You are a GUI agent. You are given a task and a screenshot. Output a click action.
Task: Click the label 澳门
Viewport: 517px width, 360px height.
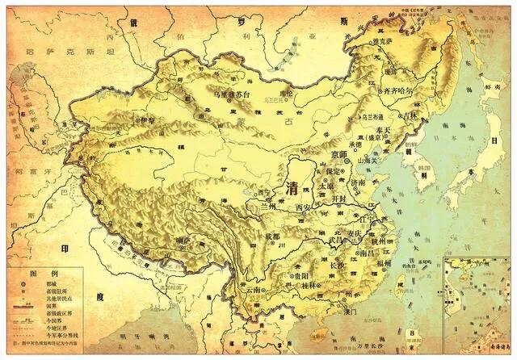(x=328, y=312)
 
